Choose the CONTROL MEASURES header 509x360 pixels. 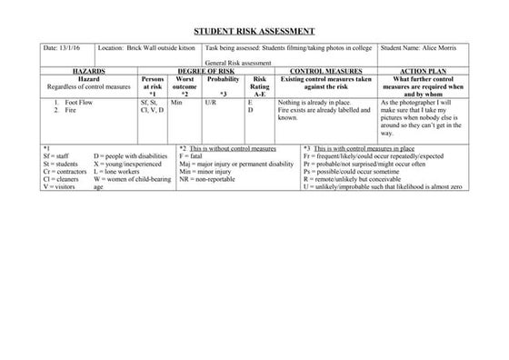pos(325,70)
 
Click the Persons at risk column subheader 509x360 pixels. pos(153,85)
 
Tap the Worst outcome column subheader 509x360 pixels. pos(185,85)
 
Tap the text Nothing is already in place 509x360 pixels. pos(314,103)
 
